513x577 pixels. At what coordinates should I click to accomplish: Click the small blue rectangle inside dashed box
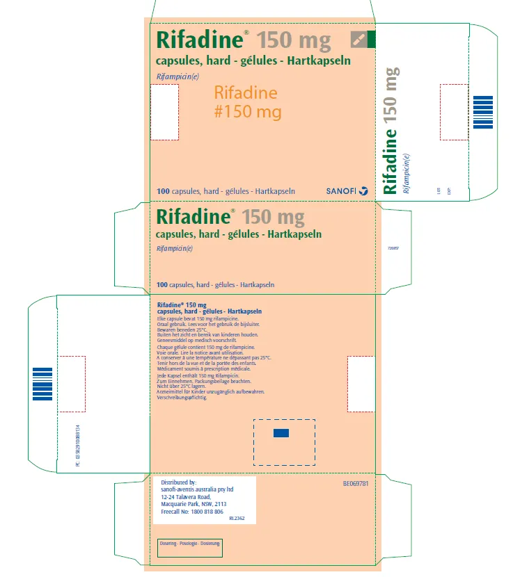tap(281, 434)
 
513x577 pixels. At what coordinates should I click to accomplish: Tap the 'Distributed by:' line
tap(179, 482)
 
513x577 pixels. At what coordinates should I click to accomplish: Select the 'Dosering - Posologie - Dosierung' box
tap(190, 542)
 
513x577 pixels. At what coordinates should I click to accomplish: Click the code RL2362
tap(237, 518)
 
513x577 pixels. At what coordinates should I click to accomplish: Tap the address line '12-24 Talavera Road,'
tap(185, 496)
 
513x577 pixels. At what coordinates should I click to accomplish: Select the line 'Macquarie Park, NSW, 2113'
tap(194, 504)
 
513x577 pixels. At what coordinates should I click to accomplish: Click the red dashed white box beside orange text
tap(165, 112)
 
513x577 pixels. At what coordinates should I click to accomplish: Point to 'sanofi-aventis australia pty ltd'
tap(197, 489)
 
